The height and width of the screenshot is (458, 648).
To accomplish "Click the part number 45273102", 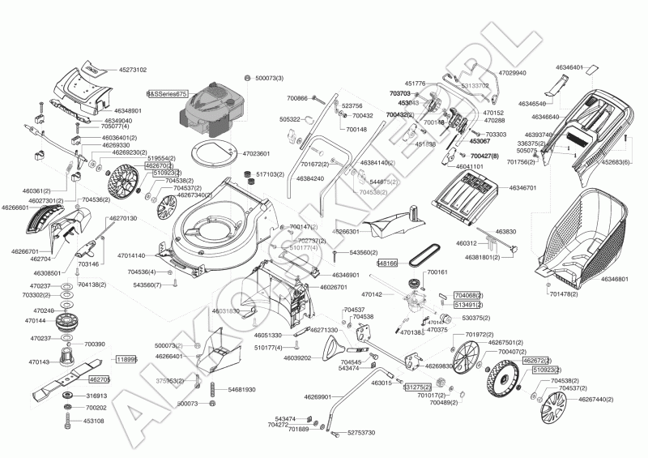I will point(129,70).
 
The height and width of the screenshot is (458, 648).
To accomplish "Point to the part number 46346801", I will point(616,279).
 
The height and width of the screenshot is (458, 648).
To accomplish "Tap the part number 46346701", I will point(522,188).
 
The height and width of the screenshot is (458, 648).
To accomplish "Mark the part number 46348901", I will point(128,110).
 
